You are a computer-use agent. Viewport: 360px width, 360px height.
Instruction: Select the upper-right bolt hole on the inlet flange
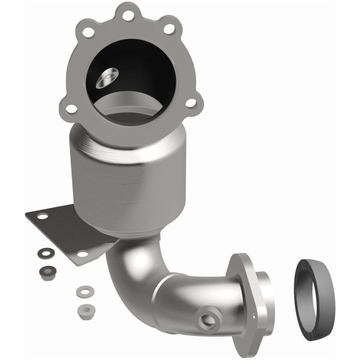click(169, 29)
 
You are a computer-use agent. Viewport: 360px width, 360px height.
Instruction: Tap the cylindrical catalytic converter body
click(117, 180)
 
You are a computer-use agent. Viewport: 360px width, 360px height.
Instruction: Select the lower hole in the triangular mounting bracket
click(81, 254)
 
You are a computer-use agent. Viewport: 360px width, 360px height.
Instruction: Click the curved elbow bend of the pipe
click(130, 270)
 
